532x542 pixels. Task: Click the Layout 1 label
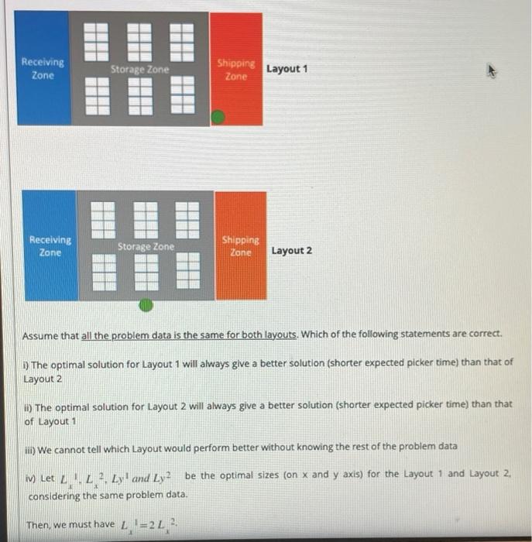pyautogui.click(x=287, y=69)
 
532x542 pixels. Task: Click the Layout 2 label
pyautogui.click(x=292, y=251)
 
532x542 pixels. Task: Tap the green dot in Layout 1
pyautogui.click(x=219, y=117)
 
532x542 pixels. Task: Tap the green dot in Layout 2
pyautogui.click(x=145, y=306)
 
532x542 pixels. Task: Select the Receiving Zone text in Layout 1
pyautogui.click(x=43, y=68)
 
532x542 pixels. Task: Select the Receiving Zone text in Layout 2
pyautogui.click(x=50, y=246)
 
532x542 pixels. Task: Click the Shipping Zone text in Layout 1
pyautogui.click(x=235, y=70)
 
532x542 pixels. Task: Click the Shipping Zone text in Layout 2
pyautogui.click(x=241, y=246)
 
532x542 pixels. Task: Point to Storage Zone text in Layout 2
pyautogui.click(x=146, y=246)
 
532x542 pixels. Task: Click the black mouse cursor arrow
pyautogui.click(x=491, y=70)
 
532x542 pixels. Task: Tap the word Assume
pyautogui.click(x=39, y=335)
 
